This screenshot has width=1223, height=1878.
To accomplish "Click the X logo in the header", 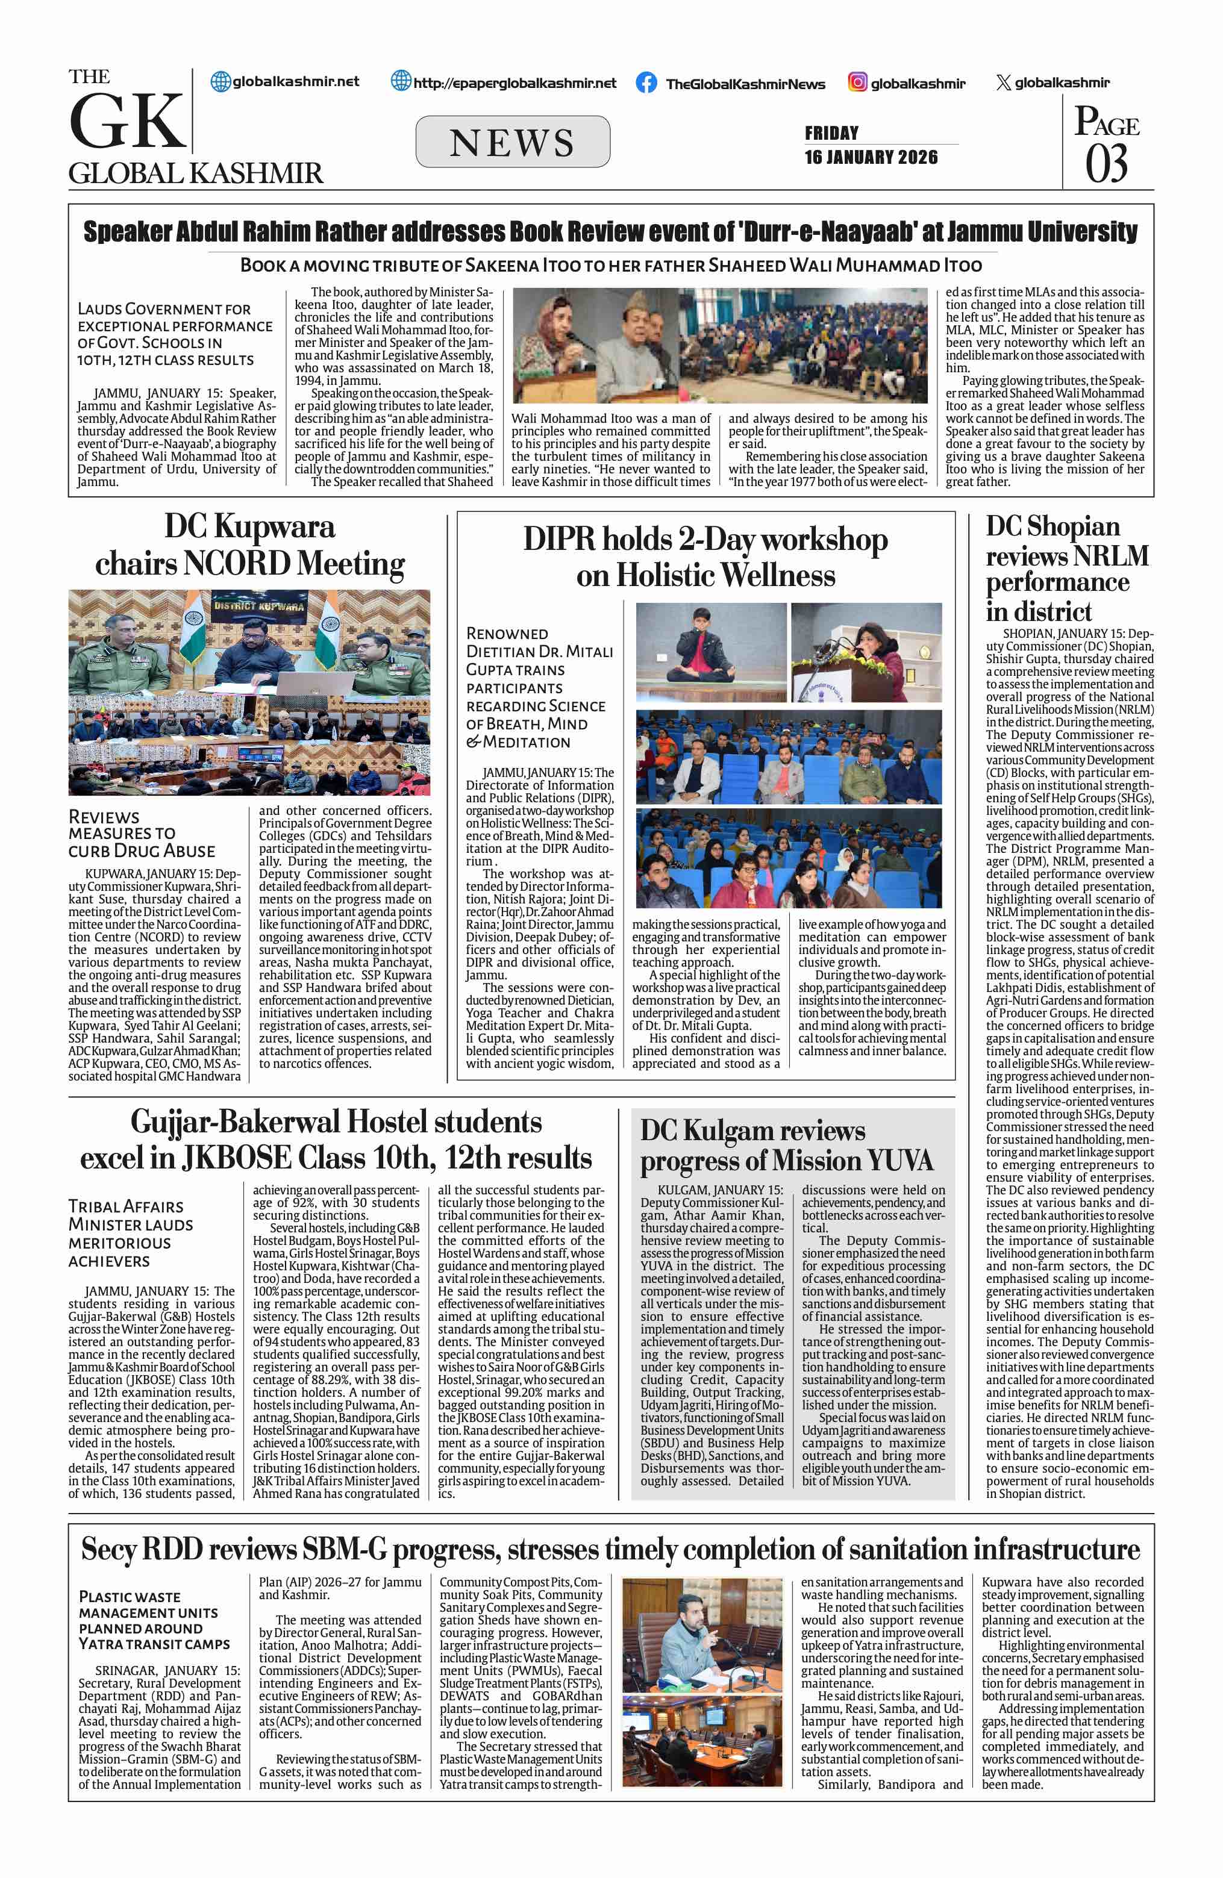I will click(x=1003, y=83).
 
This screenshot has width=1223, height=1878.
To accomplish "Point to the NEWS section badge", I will click(x=512, y=142).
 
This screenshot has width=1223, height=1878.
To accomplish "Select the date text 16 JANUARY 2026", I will click(x=871, y=157).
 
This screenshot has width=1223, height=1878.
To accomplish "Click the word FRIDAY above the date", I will click(x=831, y=133).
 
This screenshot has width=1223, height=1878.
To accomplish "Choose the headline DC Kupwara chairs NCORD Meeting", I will click(x=249, y=545).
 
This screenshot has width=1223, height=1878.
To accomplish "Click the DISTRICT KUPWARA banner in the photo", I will click(x=258, y=606).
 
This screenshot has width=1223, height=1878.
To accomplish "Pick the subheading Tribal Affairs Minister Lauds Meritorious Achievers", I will click(x=131, y=1234).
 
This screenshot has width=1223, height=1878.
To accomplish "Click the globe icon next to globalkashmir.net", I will click(x=221, y=81).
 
